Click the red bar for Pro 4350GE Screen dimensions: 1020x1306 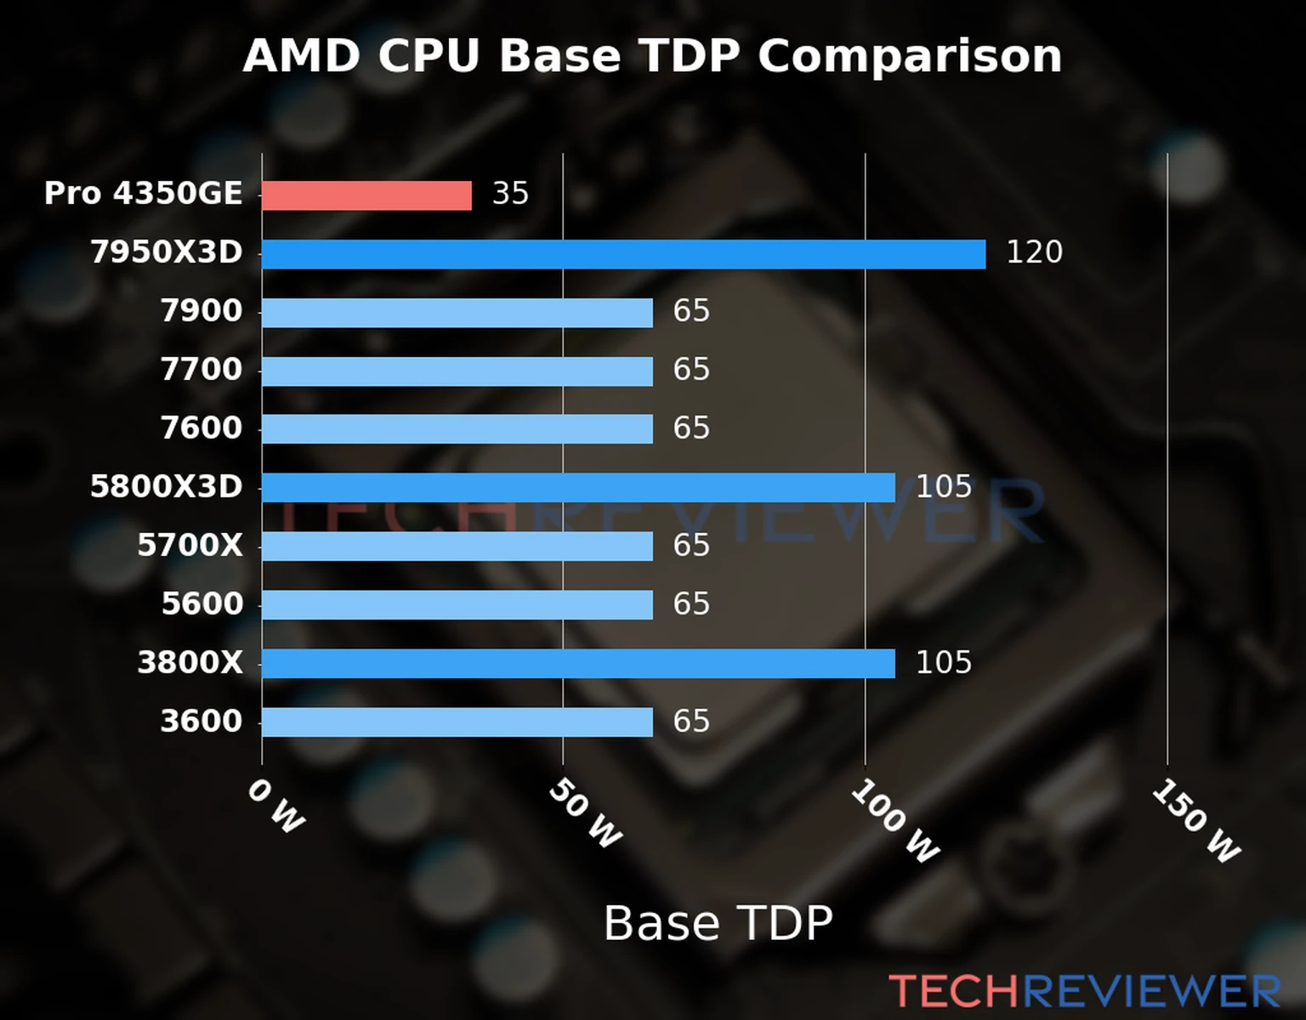(366, 195)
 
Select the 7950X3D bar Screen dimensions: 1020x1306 (623, 254)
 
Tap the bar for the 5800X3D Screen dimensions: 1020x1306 (578, 488)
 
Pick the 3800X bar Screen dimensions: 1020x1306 (578, 664)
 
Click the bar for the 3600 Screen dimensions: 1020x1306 (457, 722)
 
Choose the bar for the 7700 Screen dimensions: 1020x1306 (457, 371)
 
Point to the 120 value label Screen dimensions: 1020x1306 (1034, 252)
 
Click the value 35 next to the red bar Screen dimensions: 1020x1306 (510, 194)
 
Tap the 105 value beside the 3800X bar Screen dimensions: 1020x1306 (943, 663)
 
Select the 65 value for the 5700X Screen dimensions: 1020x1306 (690, 546)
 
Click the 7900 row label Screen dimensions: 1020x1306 (202, 311)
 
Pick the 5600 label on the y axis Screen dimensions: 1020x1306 (202, 604)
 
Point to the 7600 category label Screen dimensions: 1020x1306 (202, 428)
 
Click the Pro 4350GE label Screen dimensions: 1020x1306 (143, 194)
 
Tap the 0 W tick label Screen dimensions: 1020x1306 (275, 806)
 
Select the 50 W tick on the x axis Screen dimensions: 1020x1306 (585, 814)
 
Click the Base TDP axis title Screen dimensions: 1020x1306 (718, 923)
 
